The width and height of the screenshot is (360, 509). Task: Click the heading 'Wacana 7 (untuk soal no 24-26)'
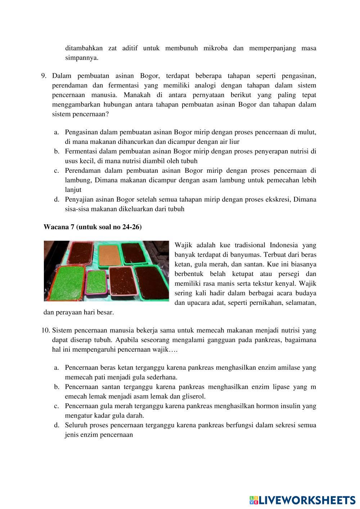93,227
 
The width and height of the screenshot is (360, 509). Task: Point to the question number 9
44,76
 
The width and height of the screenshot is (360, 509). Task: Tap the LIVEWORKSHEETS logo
302,500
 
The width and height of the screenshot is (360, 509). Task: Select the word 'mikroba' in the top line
215,48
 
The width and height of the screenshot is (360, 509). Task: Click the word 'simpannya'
81,58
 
